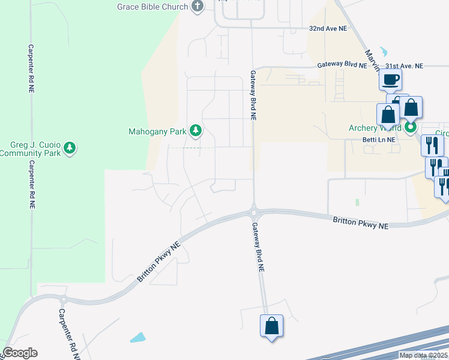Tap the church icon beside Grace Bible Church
click(197, 6)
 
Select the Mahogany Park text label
click(157, 131)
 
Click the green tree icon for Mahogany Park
click(195, 130)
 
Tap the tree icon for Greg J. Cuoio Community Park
click(70, 148)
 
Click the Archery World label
click(376, 128)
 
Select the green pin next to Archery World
click(411, 127)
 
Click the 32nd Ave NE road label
click(328, 28)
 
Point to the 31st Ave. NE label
click(405, 66)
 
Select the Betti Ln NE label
click(379, 139)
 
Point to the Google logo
click(20, 353)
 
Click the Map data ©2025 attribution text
click(423, 355)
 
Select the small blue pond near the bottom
click(137, 337)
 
